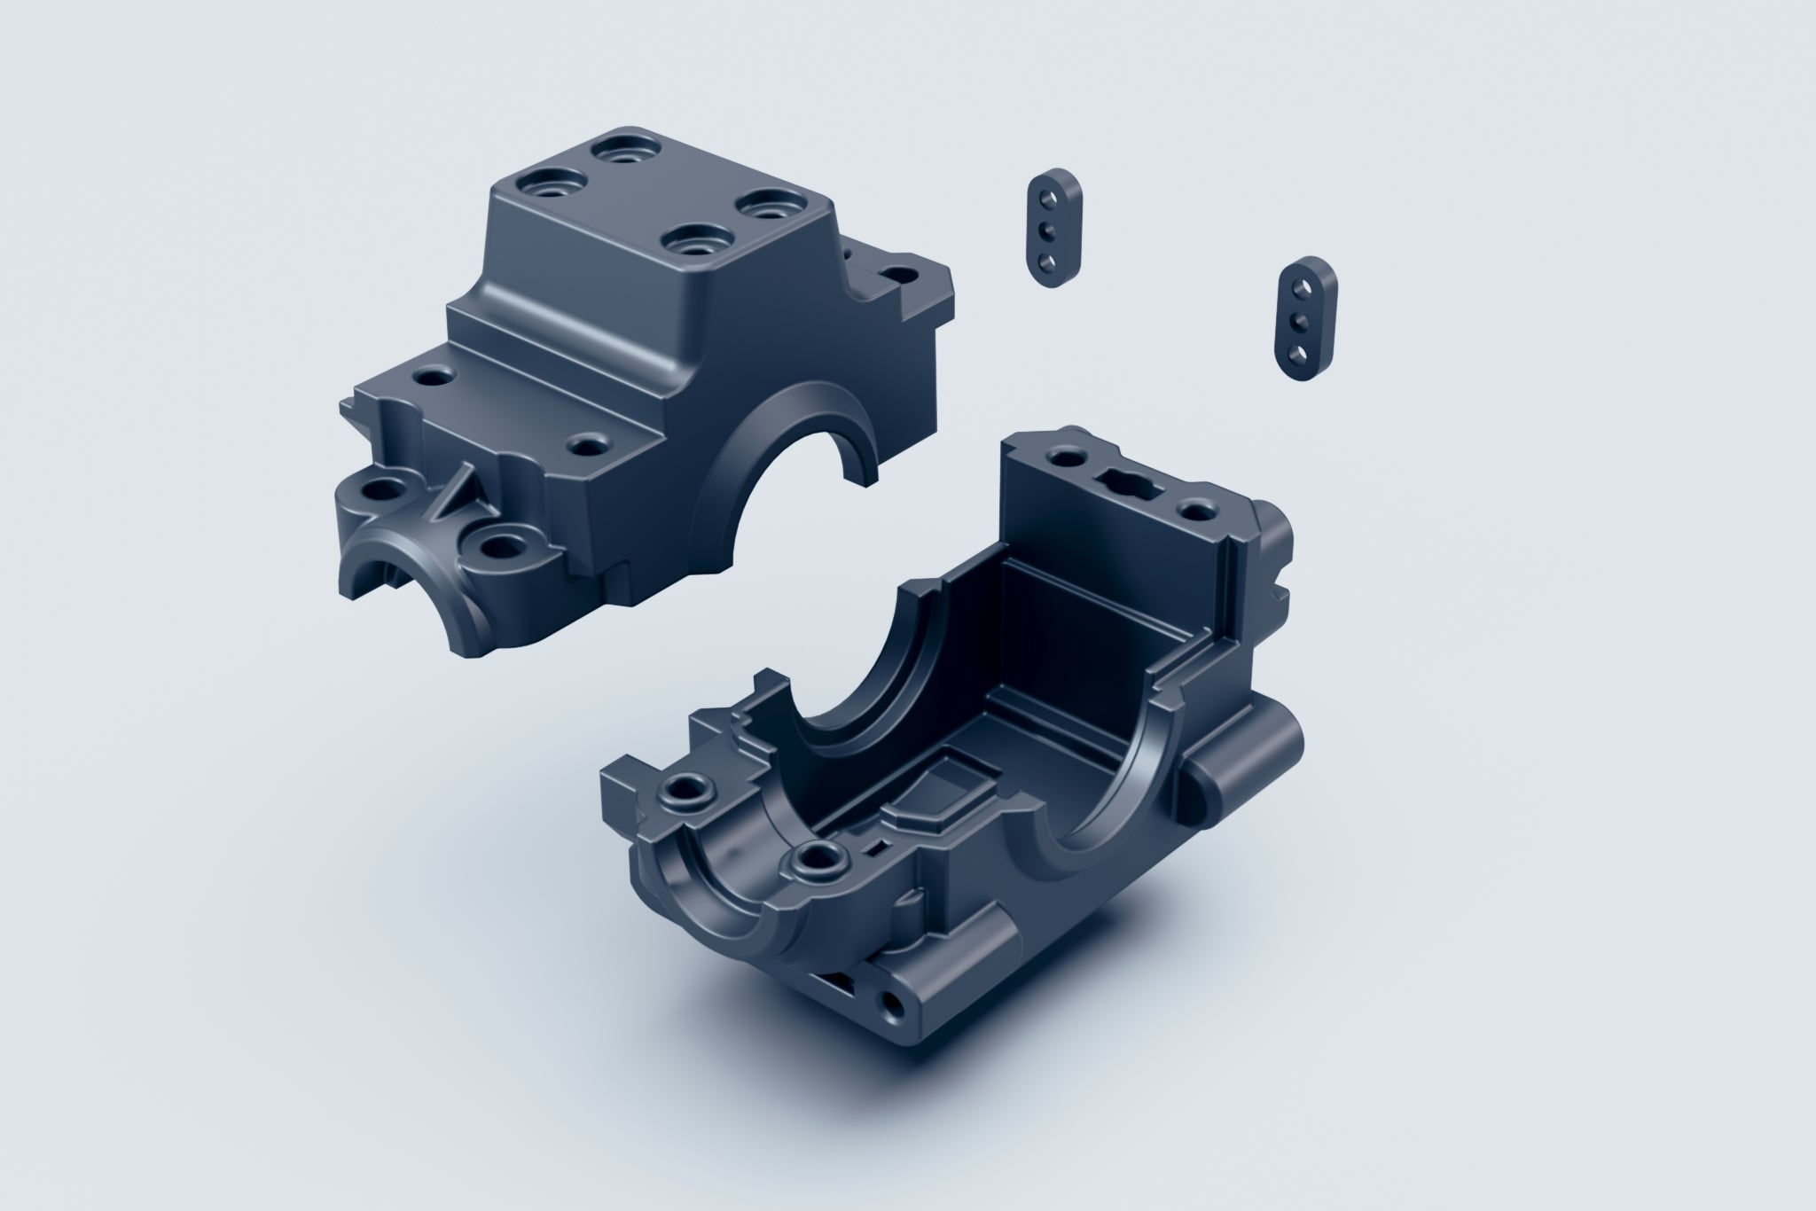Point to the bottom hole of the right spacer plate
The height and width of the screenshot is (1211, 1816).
click(1297, 352)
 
